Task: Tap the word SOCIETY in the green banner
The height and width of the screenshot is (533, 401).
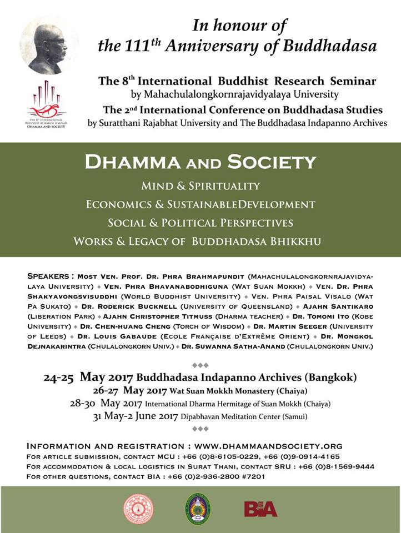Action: coord(276,162)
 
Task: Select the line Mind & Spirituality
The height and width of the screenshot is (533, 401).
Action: coord(200,185)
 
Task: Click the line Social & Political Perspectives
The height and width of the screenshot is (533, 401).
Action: coord(200,223)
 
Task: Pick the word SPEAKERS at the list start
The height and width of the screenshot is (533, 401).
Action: coord(49,275)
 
